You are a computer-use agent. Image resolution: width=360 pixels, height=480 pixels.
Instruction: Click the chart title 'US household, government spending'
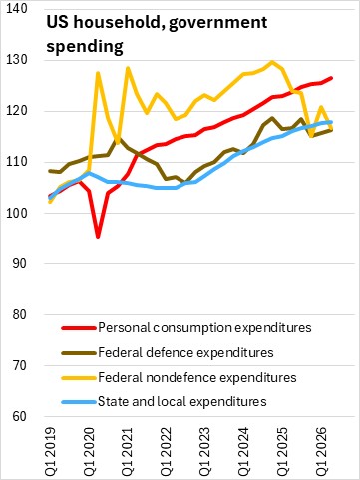pyautogui.click(x=157, y=34)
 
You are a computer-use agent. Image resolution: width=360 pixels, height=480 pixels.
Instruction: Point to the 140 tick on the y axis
pyautogui.click(x=17, y=9)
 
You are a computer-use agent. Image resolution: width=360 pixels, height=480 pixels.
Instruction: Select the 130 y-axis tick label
pyautogui.click(x=17, y=60)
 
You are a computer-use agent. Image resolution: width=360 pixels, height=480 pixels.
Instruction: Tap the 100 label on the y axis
pyautogui.click(x=17, y=213)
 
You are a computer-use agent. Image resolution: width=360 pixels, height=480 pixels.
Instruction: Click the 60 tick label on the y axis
pyautogui.click(x=19, y=417)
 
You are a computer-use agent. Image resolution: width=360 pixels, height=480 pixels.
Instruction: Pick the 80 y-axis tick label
pyautogui.click(x=19, y=314)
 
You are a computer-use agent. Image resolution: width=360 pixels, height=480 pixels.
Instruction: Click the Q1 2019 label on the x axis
pyautogui.click(x=51, y=451)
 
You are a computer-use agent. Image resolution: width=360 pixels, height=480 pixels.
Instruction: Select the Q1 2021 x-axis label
pyautogui.click(x=127, y=451)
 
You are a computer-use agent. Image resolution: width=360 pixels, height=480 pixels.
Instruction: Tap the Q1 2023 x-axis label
pyautogui.click(x=204, y=451)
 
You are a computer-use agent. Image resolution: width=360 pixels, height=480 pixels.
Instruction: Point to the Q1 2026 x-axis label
pyautogui.click(x=320, y=451)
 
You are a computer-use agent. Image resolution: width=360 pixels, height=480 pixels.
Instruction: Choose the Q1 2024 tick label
pyautogui.click(x=242, y=451)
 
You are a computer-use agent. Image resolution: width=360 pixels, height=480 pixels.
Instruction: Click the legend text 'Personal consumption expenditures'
pyautogui.click(x=204, y=328)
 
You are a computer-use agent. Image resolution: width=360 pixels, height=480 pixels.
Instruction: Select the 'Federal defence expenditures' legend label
pyautogui.click(x=185, y=352)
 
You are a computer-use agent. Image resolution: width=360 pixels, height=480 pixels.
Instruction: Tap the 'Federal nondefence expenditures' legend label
pyautogui.click(x=197, y=377)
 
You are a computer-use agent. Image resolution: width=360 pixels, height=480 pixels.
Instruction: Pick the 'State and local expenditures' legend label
pyautogui.click(x=182, y=402)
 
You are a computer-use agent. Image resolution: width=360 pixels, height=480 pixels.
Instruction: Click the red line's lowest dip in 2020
pyautogui.click(x=98, y=237)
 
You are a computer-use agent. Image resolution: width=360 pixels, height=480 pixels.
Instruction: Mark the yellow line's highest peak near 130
pyautogui.click(x=272, y=62)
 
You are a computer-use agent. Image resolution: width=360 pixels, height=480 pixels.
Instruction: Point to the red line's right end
pyautogui.click(x=331, y=78)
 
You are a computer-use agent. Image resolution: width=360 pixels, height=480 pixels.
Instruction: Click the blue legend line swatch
pyautogui.click(x=79, y=402)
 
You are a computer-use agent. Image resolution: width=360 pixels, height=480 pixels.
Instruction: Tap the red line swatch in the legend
pyautogui.click(x=79, y=328)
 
